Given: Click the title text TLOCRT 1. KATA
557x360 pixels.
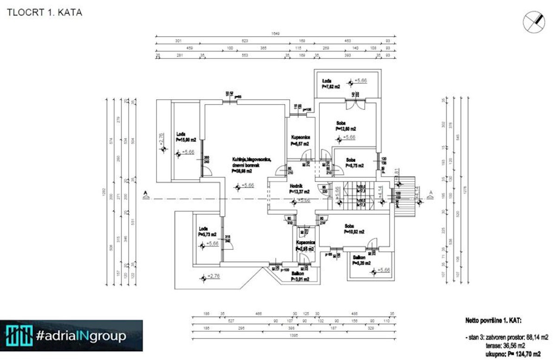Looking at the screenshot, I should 45,13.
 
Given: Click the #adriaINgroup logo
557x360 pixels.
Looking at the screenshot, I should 71,335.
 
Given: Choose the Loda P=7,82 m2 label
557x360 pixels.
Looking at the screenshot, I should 331,84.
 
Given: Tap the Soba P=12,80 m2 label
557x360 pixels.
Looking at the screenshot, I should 346,126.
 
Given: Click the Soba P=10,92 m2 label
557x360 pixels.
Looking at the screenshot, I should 355,229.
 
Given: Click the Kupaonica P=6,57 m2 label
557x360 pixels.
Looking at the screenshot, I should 300,141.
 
